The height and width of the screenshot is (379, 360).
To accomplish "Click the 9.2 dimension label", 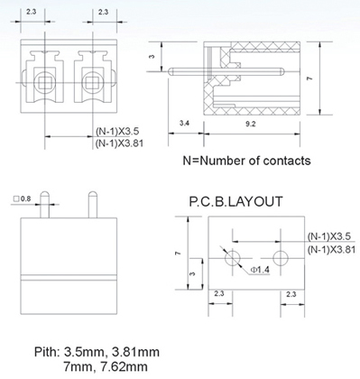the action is pyautogui.click(x=251, y=124).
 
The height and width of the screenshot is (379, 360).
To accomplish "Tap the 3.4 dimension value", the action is pyautogui.click(x=184, y=123).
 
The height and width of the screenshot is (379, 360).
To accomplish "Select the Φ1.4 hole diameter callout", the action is pyautogui.click(x=261, y=270).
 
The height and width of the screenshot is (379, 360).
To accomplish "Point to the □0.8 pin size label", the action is pyautogui.click(x=23, y=199).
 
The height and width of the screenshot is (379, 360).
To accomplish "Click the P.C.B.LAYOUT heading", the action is pyautogui.click(x=235, y=201).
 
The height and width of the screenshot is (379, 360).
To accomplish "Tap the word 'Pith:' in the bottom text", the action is pyautogui.click(x=47, y=352).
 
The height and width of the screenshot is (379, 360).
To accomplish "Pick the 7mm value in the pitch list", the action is pyautogui.click(x=78, y=366).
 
